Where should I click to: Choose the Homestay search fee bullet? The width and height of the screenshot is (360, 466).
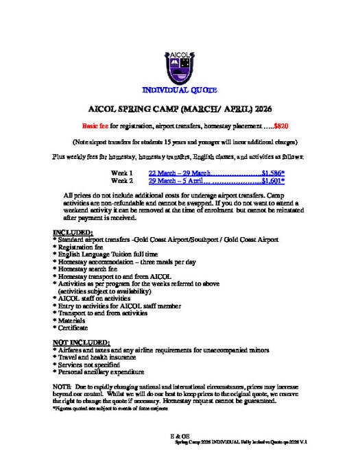(89, 269)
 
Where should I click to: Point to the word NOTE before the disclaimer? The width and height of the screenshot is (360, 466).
(62, 386)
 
